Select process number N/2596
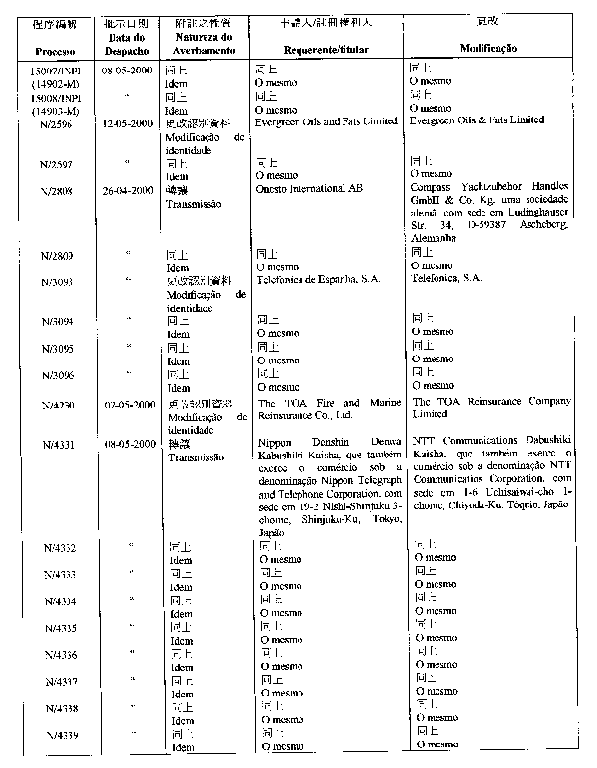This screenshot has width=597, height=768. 55,124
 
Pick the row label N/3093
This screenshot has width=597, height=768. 55,282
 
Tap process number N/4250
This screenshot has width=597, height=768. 55,405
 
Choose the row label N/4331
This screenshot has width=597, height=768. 55,444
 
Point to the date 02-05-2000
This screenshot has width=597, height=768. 129,405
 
